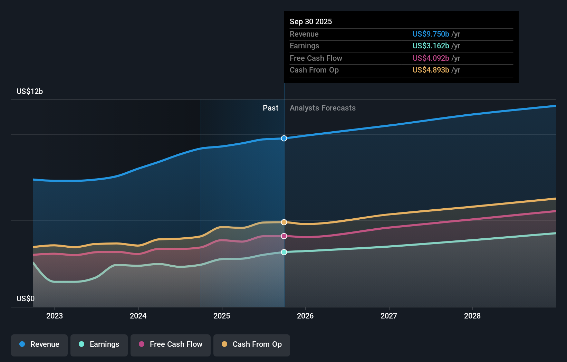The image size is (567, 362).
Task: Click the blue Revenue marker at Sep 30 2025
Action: (284, 139)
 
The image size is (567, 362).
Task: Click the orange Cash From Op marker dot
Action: (284, 222)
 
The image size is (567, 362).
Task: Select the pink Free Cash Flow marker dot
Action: (284, 236)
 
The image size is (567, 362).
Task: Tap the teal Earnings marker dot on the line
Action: (284, 252)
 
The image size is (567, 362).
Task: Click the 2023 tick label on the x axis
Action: (55, 316)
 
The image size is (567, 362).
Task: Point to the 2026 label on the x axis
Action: (305, 316)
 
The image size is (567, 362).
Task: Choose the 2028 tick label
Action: (472, 316)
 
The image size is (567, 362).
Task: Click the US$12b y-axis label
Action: (30, 91)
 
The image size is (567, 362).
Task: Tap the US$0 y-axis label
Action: (26, 298)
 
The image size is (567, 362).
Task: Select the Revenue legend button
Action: (39, 344)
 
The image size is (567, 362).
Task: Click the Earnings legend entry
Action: (99, 344)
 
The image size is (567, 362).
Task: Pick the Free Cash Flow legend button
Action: (171, 344)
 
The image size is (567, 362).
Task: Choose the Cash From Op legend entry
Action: (252, 344)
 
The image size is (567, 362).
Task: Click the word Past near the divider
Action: (270, 108)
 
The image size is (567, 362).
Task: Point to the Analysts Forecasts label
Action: (323, 108)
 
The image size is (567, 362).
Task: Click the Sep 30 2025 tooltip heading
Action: (311, 21)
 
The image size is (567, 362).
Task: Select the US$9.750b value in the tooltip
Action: (431, 34)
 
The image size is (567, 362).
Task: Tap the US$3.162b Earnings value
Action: (431, 46)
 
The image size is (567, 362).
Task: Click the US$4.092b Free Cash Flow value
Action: (431, 58)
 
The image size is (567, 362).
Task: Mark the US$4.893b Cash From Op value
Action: (431, 70)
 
